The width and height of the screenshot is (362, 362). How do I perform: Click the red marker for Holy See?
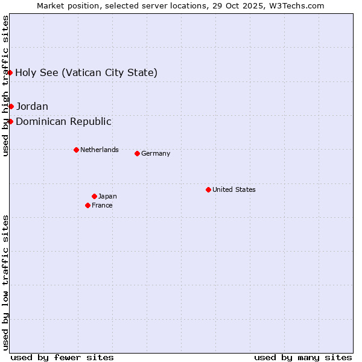tap(10, 73)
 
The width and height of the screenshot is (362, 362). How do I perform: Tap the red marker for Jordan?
tap(11, 107)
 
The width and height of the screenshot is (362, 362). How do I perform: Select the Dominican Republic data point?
tap(10, 122)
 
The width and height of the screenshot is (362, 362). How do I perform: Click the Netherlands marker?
tap(76, 150)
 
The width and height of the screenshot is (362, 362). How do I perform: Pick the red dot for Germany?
tap(137, 153)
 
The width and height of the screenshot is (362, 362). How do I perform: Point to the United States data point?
tap(208, 189)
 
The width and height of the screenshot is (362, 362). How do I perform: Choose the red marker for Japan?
tap(94, 196)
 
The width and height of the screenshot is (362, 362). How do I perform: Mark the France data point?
tap(87, 205)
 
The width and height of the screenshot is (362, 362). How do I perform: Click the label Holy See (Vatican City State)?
tap(86, 73)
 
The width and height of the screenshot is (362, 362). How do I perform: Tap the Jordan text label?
tap(32, 107)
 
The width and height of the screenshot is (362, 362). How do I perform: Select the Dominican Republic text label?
tap(63, 122)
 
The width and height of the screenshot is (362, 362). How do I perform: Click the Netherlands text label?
tap(100, 150)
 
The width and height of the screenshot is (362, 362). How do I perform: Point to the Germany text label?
tap(156, 153)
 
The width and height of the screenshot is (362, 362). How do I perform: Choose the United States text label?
tap(234, 189)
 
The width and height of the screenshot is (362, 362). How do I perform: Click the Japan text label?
tap(107, 196)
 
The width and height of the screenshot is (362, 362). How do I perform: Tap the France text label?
tap(102, 205)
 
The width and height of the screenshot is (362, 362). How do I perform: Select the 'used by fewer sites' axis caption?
tap(62, 357)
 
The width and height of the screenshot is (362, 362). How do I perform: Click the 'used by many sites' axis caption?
tap(303, 357)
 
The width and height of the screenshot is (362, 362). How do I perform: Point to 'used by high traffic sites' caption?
tap(6, 86)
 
